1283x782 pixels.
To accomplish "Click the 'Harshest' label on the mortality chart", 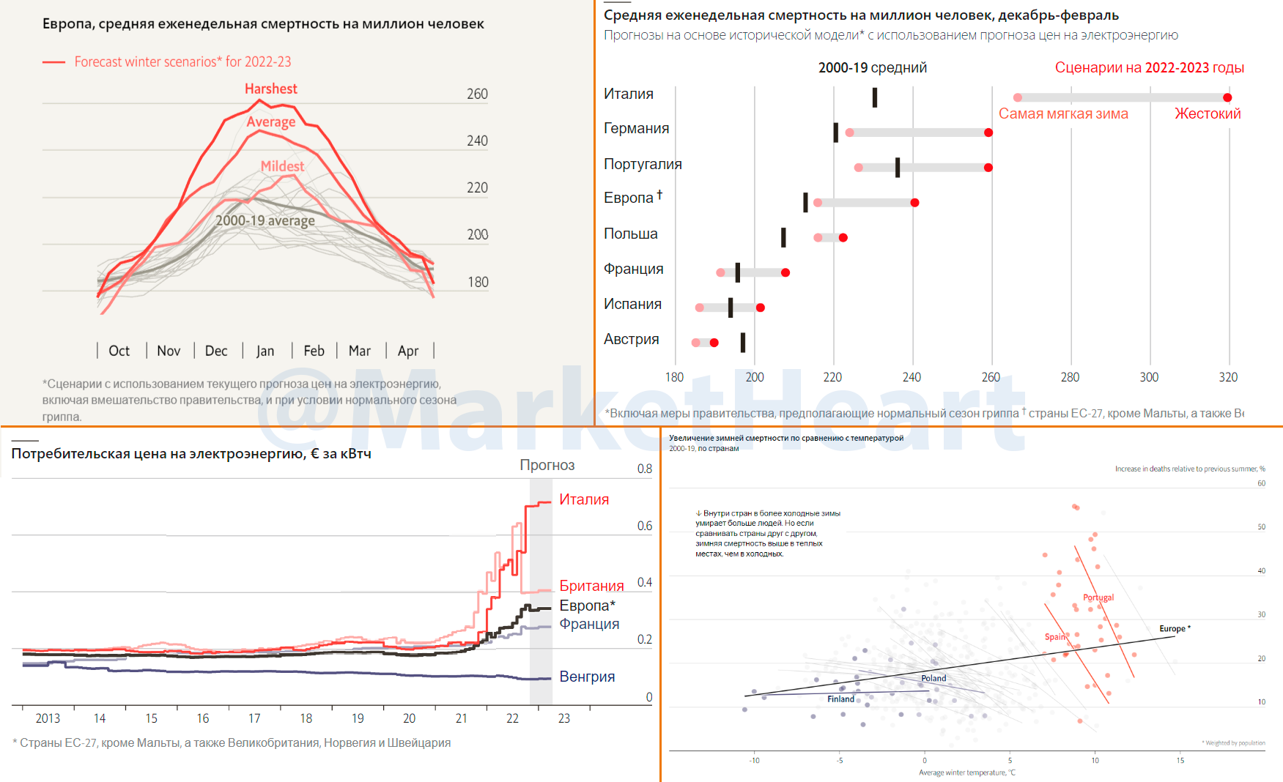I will [270, 89].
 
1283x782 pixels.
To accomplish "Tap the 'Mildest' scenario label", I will [282, 166].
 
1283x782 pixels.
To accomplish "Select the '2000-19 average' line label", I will [265, 220].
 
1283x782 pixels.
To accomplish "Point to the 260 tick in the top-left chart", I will [477, 94].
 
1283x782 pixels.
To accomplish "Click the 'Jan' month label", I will [265, 351].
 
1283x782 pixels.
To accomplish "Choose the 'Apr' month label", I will [408, 351].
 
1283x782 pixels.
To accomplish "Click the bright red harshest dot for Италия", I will [1227, 97].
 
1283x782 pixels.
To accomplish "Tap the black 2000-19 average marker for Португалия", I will [898, 167].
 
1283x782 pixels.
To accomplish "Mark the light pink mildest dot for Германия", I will [849, 133].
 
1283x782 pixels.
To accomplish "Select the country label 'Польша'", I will [630, 234].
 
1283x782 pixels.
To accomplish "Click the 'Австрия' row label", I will [631, 339].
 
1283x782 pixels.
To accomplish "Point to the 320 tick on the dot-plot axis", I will [1228, 377].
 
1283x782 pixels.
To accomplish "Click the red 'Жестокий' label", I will [1208, 113].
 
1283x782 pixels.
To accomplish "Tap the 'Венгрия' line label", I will [587, 677].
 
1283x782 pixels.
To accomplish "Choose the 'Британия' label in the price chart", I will [591, 586].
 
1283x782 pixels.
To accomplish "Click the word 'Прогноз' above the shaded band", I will [547, 465].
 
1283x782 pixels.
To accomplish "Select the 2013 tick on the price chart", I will [48, 718].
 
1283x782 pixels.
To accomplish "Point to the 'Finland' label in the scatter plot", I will [840, 699].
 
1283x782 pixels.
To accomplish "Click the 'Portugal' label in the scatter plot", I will [1098, 597].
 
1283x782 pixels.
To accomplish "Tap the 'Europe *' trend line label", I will [1175, 629].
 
